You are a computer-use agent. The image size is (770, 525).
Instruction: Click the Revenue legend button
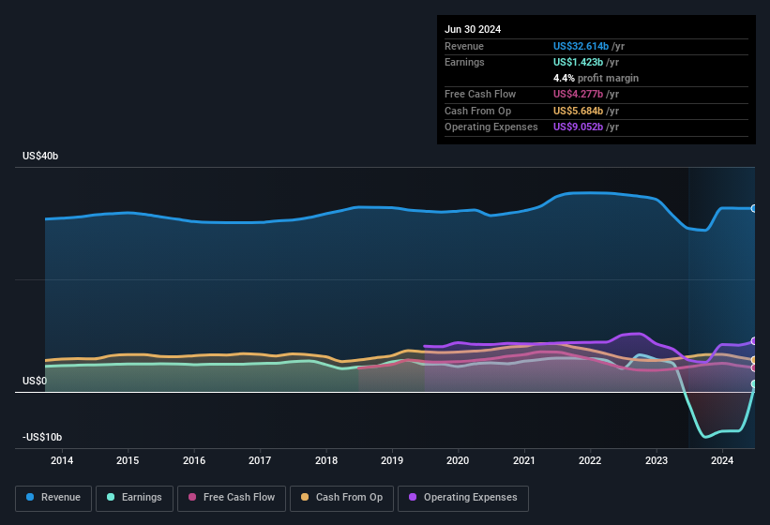54,497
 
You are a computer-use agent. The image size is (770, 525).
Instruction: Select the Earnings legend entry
134,497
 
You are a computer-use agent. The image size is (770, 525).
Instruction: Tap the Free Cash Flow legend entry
232,497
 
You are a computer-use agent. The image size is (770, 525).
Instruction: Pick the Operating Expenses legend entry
462,497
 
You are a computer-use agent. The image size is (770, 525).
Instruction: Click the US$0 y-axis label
35,382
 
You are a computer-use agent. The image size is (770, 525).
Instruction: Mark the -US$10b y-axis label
42,438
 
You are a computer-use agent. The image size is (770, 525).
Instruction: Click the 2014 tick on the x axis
62,460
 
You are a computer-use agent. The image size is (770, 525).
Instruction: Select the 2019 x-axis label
392,460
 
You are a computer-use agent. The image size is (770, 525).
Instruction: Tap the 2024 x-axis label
722,460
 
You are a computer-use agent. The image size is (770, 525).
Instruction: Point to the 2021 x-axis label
524,460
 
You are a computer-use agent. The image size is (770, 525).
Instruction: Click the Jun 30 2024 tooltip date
473,29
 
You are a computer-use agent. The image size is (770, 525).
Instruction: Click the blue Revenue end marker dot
754,208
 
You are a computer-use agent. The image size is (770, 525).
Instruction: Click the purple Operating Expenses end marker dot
754,341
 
